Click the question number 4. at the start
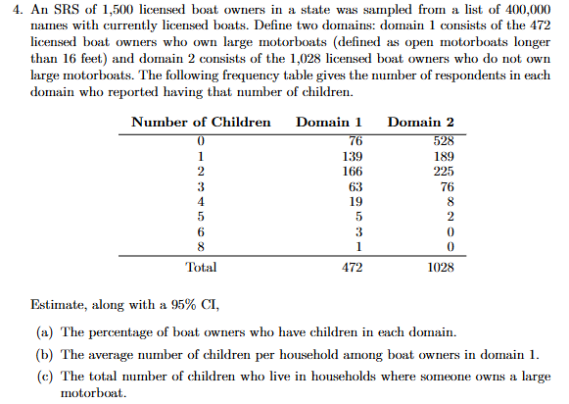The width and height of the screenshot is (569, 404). (18, 10)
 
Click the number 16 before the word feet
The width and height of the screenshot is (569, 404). (69, 59)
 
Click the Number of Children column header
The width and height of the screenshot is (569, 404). (201, 122)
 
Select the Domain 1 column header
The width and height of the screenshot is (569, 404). (329, 122)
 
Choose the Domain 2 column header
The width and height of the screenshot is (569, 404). (420, 122)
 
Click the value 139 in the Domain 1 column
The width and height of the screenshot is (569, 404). (353, 157)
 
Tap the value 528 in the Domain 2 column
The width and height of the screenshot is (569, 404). (444, 141)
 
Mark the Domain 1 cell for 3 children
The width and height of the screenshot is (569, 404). (356, 186)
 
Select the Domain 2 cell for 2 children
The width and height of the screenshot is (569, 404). (444, 172)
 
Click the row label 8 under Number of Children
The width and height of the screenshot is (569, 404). (201, 247)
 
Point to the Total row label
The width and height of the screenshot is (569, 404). (201, 268)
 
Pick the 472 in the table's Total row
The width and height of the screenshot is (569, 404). (353, 268)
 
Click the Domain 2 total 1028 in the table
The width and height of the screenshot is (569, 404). (441, 268)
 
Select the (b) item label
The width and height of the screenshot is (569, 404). (45, 355)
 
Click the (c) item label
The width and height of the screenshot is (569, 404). (45, 377)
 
